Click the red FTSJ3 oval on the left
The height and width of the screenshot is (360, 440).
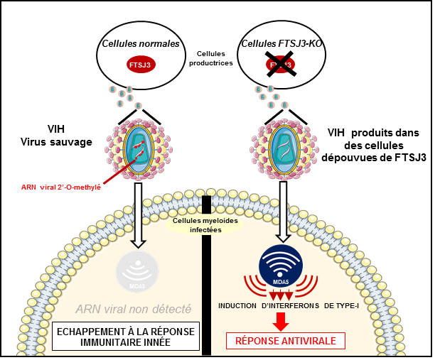[140, 65]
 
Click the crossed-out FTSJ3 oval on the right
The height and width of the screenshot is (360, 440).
[280, 65]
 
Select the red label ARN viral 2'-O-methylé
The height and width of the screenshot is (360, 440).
[60, 187]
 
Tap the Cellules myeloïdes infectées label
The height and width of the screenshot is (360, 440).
[197, 225]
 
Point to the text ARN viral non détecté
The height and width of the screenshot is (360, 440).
[133, 310]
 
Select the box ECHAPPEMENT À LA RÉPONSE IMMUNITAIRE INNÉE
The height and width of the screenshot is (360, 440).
[125, 336]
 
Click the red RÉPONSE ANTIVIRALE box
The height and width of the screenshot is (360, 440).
[285, 341]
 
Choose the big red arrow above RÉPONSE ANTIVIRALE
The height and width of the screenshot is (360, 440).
[281, 322]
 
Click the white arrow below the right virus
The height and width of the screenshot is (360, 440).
[283, 211]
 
